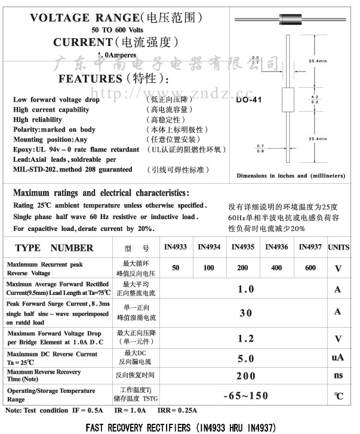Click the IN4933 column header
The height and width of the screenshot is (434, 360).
point(175,247)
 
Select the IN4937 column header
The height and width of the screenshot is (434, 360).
point(310,247)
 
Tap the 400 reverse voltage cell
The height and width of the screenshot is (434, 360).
point(276,268)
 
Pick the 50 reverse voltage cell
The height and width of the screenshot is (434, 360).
point(175,268)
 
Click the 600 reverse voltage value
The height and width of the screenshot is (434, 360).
point(310,268)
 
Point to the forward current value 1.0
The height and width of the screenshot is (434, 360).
point(246,290)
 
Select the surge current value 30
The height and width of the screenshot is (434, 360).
point(246,312)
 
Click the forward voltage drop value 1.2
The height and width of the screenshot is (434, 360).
point(246,338)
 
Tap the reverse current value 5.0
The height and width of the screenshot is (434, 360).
point(246,359)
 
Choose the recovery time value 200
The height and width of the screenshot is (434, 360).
point(246,376)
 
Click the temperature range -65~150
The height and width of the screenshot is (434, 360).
point(246,396)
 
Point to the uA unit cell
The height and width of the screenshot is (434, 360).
point(338,358)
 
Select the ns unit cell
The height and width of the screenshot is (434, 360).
point(338,375)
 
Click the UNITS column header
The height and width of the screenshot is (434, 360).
point(339,247)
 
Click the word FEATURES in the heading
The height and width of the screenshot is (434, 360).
point(90,79)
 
